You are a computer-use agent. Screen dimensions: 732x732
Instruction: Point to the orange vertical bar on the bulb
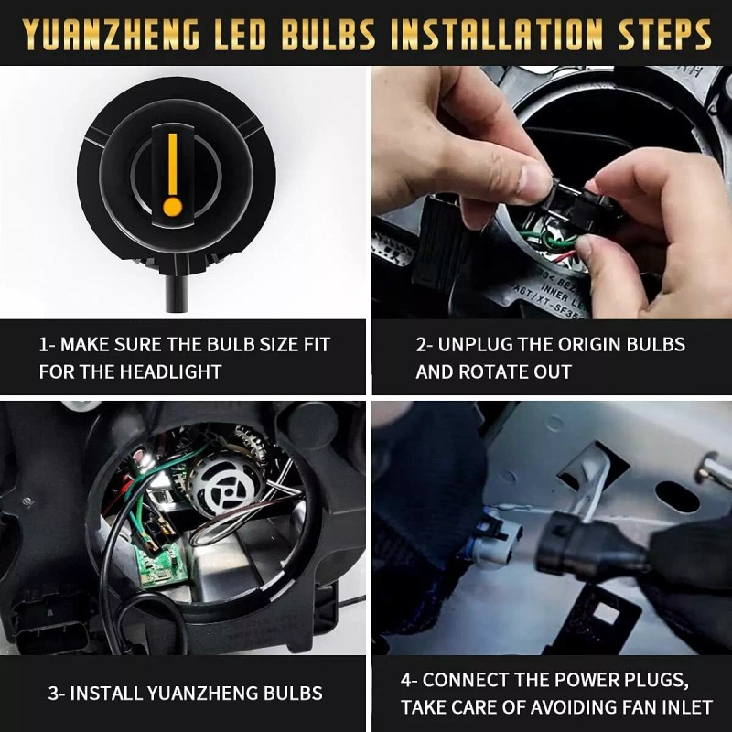coord(172,161)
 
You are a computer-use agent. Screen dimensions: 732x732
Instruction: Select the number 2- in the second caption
coord(425,345)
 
